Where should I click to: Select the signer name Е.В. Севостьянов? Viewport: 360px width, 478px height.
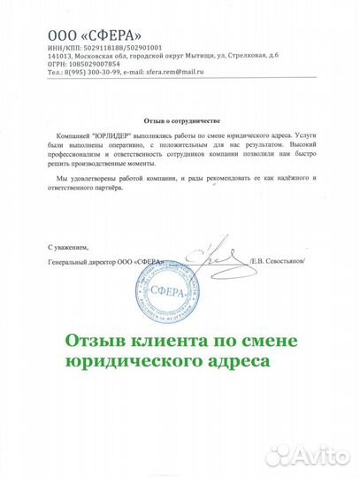(282, 263)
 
